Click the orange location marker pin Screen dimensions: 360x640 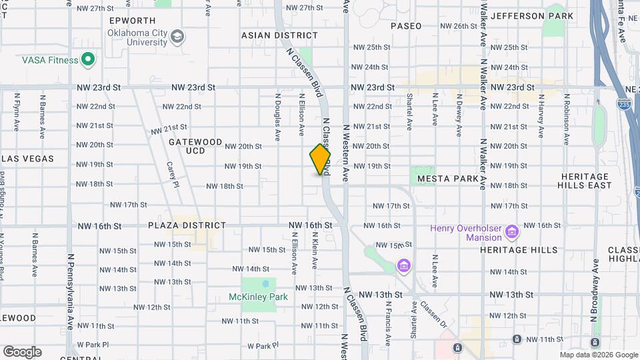(320, 159)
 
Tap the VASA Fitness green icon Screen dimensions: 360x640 (88, 60)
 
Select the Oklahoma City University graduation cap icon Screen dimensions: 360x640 (177, 36)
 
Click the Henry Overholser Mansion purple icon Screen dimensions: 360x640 (512, 233)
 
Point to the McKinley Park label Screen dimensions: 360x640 (258, 297)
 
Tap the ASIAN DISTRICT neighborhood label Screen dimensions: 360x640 (279, 35)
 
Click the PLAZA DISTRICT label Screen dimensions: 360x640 (187, 226)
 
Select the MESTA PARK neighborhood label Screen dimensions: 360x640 (447, 179)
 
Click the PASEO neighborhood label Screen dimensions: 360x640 (406, 26)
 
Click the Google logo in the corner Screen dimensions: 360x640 (22, 352)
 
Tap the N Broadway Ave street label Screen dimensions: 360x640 (593, 314)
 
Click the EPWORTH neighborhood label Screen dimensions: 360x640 (132, 21)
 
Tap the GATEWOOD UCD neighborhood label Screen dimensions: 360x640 (195, 147)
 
